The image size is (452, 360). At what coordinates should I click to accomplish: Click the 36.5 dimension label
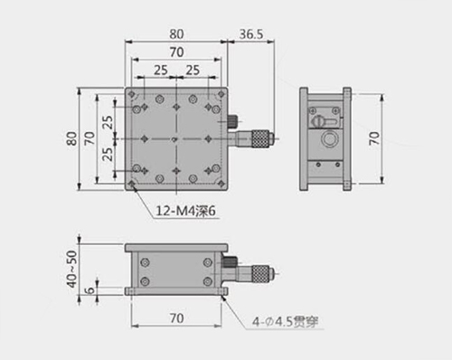point(251,34)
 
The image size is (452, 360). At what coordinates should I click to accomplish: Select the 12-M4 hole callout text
point(185,211)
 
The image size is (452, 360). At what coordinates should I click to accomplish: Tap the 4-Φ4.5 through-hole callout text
point(285,322)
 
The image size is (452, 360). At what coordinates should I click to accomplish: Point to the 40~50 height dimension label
point(71,269)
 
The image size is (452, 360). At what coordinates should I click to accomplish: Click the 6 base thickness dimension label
point(89,290)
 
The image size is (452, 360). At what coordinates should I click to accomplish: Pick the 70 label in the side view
point(374,138)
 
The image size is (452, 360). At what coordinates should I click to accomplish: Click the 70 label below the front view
point(176,318)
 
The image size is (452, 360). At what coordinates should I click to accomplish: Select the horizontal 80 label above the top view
point(176,34)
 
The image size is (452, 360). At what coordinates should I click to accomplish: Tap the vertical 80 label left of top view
point(71,138)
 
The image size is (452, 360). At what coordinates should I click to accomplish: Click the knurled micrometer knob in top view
point(260,138)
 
